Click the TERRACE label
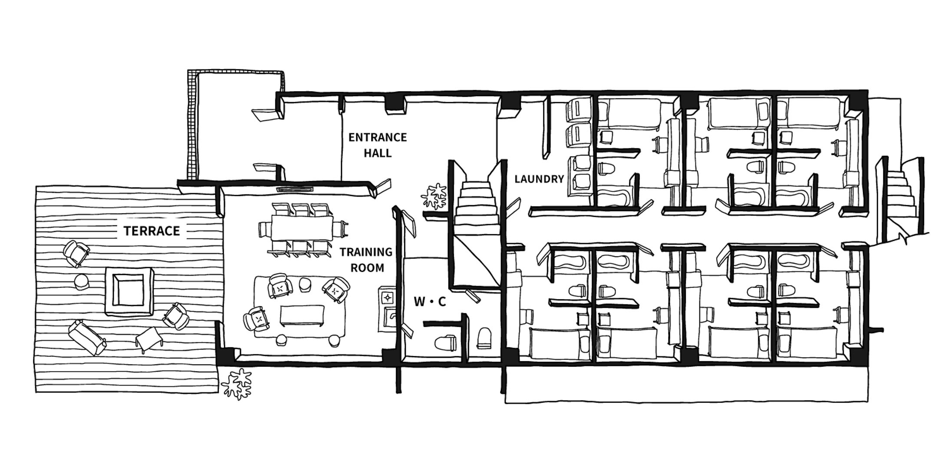(x=151, y=231)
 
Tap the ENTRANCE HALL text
(x=377, y=145)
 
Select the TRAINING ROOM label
(x=366, y=260)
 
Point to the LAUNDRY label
(x=539, y=179)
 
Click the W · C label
(x=430, y=302)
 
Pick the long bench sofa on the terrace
(x=87, y=337)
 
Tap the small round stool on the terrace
(x=82, y=282)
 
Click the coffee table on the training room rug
(x=302, y=316)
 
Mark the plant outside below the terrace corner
(x=237, y=384)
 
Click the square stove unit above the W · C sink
(x=387, y=297)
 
